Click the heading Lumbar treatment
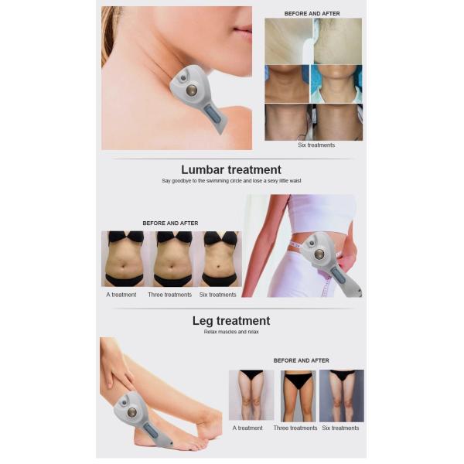[231, 170]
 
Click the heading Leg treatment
[231, 321]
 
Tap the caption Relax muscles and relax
[231, 332]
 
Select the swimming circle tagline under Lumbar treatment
[231, 181]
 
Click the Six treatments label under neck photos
[316, 145]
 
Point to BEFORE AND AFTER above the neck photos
[312, 14]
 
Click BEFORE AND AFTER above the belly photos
[170, 223]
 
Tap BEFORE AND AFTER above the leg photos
[302, 360]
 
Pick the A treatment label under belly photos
[121, 295]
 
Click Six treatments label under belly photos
[218, 295]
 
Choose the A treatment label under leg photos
[247, 428]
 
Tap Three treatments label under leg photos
[295, 428]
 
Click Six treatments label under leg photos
[340, 428]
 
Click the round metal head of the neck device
[190, 90]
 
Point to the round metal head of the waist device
[319, 254]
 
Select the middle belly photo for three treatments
[172, 259]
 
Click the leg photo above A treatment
[251, 395]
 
